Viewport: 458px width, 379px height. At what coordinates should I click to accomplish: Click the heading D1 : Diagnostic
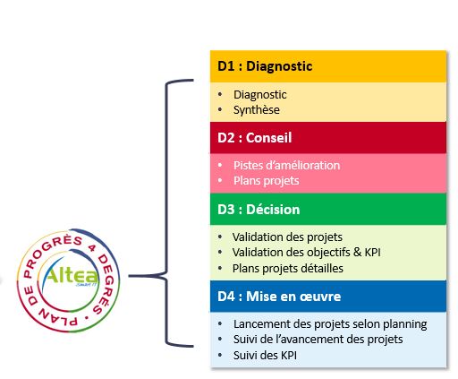click(265, 66)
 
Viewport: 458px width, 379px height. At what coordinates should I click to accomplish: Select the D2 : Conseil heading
click(255, 138)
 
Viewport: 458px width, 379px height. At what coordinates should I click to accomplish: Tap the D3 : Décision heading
click(259, 210)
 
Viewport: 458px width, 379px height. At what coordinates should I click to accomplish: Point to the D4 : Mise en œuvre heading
click(279, 297)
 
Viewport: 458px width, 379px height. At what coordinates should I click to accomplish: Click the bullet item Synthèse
click(257, 110)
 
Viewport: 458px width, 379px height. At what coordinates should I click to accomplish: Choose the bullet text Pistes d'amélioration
click(286, 165)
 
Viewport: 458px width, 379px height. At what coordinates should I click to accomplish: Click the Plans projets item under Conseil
click(266, 181)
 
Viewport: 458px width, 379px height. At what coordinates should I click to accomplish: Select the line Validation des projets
click(287, 237)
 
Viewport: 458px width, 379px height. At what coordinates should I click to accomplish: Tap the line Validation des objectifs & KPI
click(307, 253)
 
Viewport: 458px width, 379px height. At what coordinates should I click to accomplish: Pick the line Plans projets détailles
click(288, 268)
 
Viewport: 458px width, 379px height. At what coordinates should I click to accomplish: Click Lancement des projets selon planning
click(330, 323)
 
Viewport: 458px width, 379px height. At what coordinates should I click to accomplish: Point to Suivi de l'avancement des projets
click(318, 340)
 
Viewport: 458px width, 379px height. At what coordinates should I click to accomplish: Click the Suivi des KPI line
click(265, 355)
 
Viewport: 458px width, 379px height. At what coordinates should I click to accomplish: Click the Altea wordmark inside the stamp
click(72, 275)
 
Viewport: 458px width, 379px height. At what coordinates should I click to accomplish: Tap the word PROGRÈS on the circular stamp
click(51, 254)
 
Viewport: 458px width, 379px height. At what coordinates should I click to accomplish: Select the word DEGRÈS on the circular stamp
click(106, 284)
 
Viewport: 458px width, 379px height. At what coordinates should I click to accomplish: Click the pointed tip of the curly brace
click(129, 276)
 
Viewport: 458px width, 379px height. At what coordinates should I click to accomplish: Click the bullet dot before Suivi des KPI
click(220, 355)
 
